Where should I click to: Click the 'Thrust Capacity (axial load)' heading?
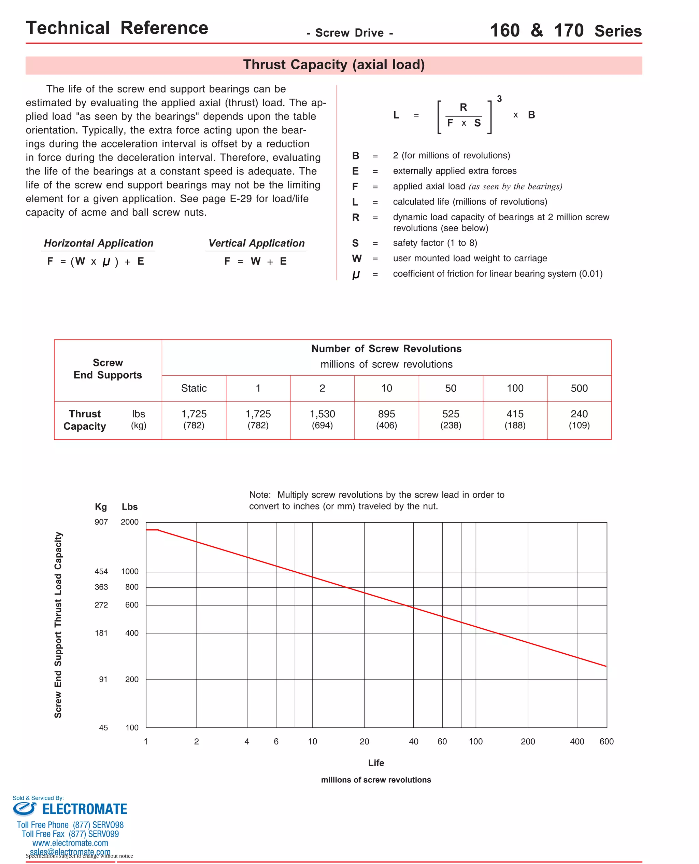pos(334,65)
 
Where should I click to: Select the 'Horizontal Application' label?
pos(99,243)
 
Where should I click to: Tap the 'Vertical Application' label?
pos(256,243)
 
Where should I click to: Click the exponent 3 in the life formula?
pos(499,99)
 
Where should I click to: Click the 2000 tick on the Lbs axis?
pos(129,522)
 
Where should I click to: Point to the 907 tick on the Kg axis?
pos(101,522)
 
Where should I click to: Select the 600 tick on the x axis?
pos(607,741)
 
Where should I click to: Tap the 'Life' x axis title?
pos(376,763)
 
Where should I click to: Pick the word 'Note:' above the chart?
pos(260,494)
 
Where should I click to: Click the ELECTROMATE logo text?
pos(85,809)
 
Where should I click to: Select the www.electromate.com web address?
pos(70,843)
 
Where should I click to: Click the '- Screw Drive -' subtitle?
pos(349,33)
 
